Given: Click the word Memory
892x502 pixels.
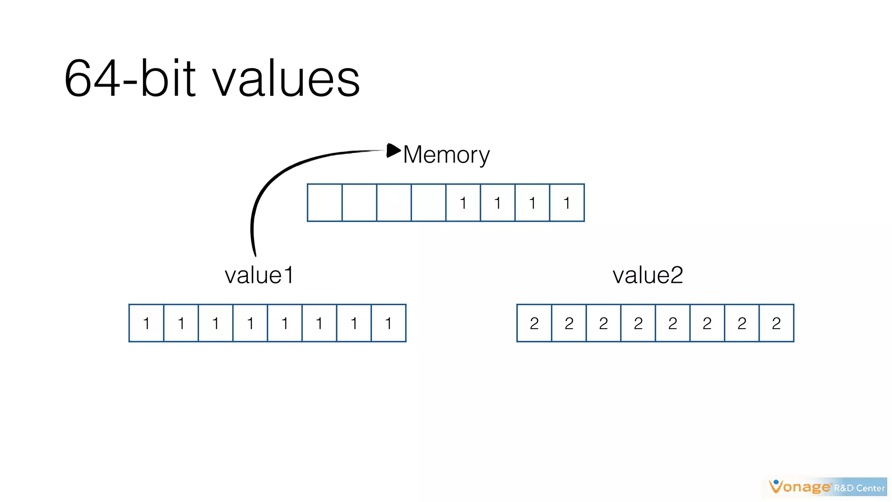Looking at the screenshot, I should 446,155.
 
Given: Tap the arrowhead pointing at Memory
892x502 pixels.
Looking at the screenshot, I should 393,150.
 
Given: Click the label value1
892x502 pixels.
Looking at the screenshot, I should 259,275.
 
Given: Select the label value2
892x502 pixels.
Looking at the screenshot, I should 648,275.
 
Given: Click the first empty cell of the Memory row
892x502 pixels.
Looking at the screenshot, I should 324,203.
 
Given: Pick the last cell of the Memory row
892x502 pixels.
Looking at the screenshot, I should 567,203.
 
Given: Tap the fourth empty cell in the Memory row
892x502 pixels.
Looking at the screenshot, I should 429,203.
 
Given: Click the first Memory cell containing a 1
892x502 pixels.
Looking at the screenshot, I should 463,203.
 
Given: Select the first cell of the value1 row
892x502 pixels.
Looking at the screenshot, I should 146,323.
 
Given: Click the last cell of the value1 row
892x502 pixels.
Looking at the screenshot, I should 389,323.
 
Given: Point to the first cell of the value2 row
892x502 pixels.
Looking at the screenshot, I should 534,323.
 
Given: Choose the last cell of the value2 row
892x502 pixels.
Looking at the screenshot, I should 776,323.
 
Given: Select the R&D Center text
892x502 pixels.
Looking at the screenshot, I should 859,488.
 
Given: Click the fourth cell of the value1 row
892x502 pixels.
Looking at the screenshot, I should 250,323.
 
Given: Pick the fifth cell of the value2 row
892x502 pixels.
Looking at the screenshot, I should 672,323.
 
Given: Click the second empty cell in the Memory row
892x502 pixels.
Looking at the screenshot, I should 359,203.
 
